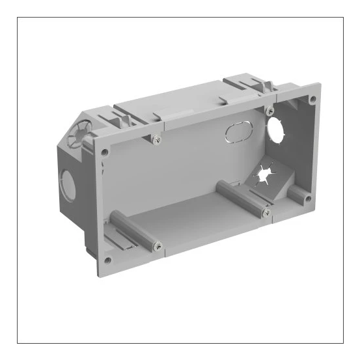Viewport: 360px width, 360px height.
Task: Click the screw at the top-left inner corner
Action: point(156,139)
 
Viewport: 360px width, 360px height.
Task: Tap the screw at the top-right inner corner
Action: point(270,111)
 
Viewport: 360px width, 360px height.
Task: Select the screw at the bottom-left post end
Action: point(157,246)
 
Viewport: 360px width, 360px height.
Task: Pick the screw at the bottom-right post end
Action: point(266,212)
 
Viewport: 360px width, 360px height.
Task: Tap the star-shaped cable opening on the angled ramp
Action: point(263,174)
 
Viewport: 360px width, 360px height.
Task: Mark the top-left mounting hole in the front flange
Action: point(104,152)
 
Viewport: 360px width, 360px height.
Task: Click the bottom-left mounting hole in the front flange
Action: point(107,260)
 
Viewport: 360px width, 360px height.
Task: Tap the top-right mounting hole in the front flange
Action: point(312,99)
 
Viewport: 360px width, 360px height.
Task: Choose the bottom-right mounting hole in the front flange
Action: point(308,194)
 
